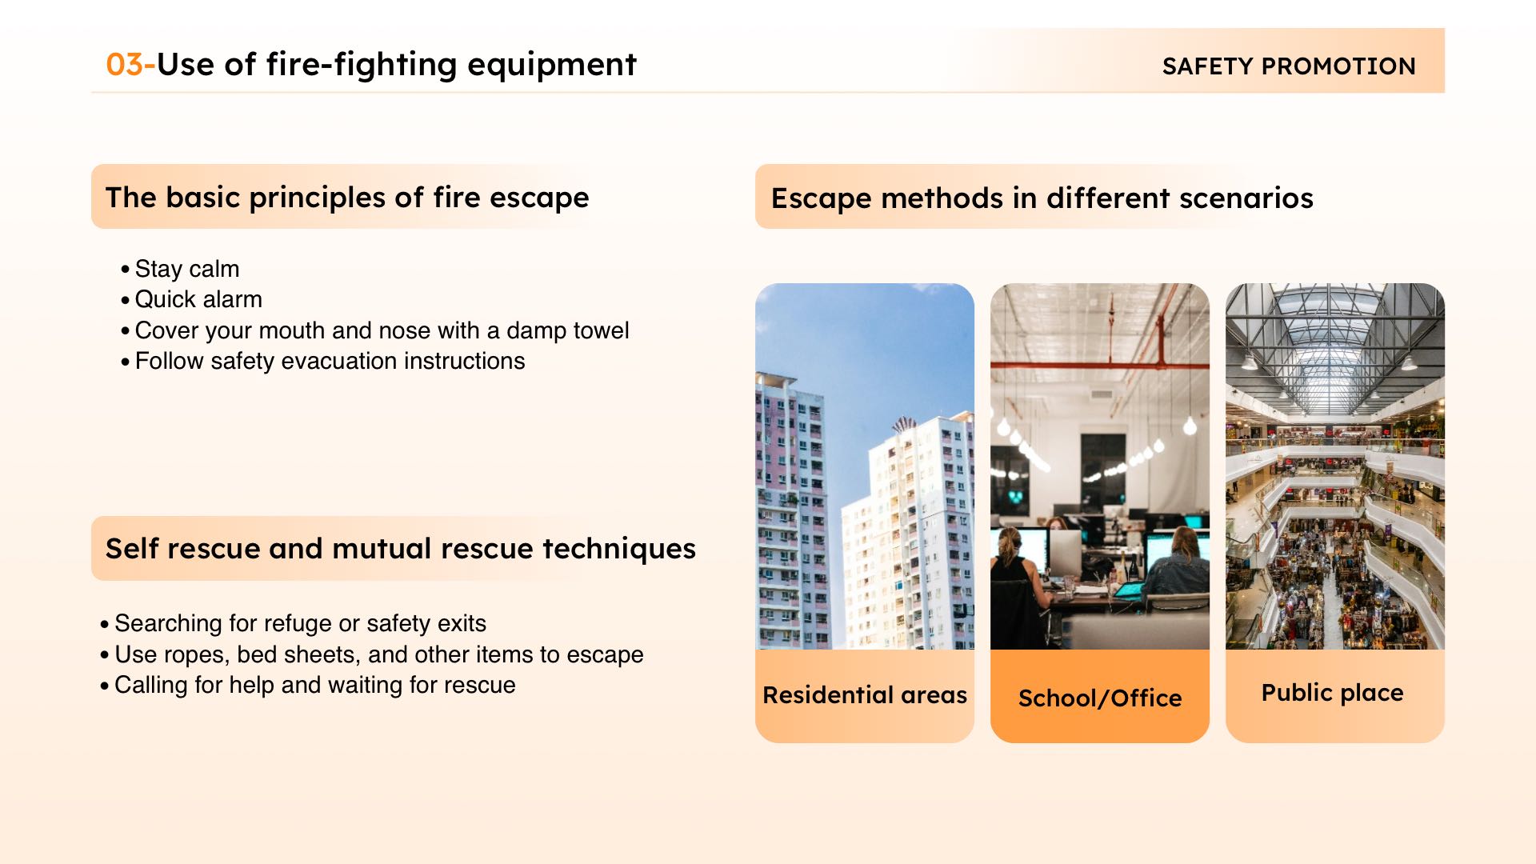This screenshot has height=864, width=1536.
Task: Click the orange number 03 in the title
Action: click(x=125, y=65)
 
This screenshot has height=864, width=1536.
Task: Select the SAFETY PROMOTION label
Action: click(x=1289, y=66)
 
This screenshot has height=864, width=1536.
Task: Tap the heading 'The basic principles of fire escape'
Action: click(x=347, y=198)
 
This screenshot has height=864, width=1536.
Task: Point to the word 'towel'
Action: click(x=598, y=330)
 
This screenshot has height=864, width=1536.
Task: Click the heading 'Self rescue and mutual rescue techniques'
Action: click(x=401, y=549)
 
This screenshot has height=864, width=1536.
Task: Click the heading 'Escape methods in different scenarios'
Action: click(x=1042, y=198)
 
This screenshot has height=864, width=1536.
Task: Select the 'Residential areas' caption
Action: click(x=865, y=695)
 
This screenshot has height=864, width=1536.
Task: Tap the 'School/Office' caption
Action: click(x=1100, y=698)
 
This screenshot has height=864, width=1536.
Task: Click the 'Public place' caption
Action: click(x=1333, y=693)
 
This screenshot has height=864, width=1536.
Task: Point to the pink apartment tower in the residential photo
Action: click(x=789, y=512)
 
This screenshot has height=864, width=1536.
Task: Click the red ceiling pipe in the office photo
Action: click(x=1100, y=367)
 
